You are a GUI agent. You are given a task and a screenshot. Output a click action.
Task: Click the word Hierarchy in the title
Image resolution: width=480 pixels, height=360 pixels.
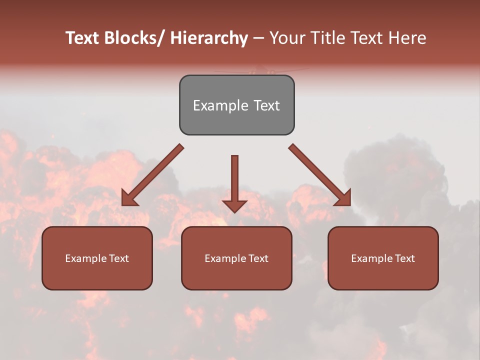tap(209, 38)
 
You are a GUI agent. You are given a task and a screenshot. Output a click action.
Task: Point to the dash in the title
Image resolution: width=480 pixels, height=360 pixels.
tap(258, 38)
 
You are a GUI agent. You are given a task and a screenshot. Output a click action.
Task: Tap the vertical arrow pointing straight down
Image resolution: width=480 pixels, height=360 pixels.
tap(235, 180)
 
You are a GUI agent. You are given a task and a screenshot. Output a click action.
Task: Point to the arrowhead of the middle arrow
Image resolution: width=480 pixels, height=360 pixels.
tap(235, 205)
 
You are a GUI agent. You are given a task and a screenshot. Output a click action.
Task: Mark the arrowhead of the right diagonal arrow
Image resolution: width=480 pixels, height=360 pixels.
tap(343, 198)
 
